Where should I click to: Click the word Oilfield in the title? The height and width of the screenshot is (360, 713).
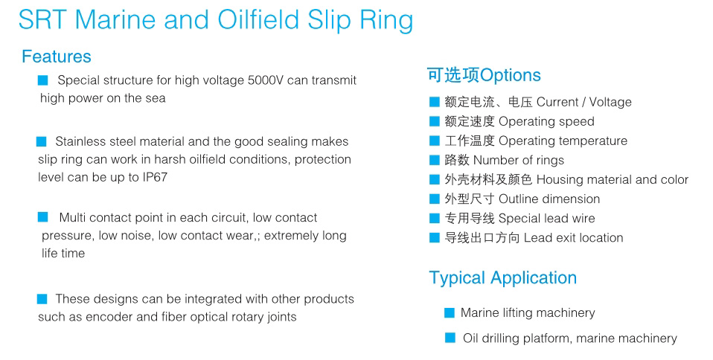point(258,19)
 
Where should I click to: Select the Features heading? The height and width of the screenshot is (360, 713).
point(57,57)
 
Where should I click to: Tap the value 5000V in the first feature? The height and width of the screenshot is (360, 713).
point(266,80)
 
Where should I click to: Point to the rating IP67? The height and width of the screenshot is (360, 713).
point(155,177)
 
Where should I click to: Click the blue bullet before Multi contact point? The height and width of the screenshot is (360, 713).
point(42,217)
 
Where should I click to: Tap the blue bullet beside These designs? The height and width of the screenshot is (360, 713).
point(42,299)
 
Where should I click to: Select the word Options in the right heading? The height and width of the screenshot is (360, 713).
point(511,75)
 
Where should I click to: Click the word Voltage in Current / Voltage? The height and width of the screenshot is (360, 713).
point(610,103)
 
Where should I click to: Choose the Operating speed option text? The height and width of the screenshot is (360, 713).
point(546,121)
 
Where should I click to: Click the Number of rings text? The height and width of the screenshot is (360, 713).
point(519,160)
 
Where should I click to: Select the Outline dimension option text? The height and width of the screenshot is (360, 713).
point(549,199)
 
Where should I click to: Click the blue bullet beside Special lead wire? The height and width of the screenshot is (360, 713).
point(434,218)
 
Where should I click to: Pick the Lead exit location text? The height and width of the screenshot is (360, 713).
point(573,238)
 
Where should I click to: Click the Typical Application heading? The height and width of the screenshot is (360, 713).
point(503,277)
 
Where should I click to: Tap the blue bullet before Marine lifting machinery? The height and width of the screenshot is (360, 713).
point(450,312)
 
